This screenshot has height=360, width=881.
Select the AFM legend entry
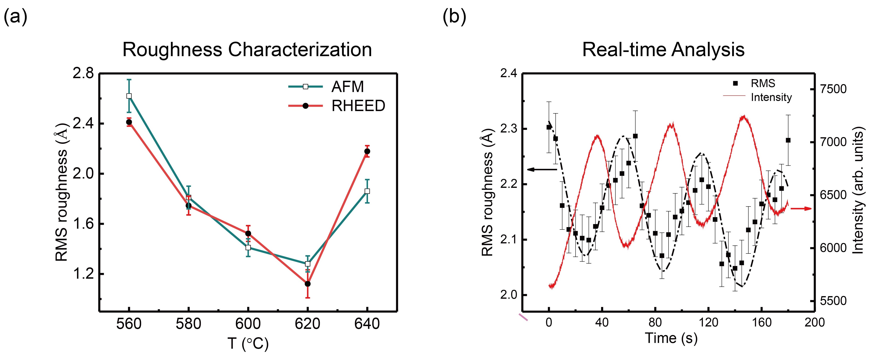347,87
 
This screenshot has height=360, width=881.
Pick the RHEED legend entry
358,106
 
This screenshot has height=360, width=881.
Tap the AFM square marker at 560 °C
129,96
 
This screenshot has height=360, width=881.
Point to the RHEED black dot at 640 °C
367,151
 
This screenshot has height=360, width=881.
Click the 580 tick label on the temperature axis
188,324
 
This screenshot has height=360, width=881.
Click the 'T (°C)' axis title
248,344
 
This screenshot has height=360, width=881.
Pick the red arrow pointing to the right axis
801,208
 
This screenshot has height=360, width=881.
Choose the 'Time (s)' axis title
671,338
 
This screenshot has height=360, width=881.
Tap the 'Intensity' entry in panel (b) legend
771,97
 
